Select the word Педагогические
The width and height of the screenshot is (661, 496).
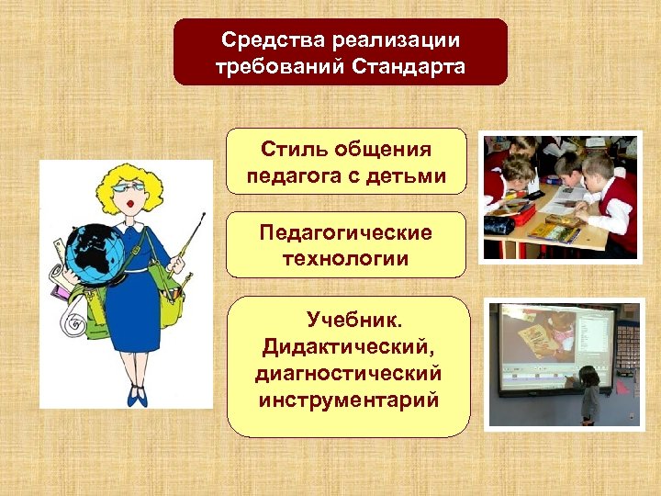coord(345,232)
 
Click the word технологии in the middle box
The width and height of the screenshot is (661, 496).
coord(345,258)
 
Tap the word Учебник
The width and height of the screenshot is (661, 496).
coord(354,322)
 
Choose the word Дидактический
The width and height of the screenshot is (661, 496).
coord(348,348)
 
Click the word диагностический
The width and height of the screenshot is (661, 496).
coord(348,374)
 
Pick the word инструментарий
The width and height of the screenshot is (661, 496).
coord(348,400)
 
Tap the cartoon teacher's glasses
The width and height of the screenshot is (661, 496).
coord(124,188)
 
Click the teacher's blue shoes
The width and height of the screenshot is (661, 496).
coord(138,397)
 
